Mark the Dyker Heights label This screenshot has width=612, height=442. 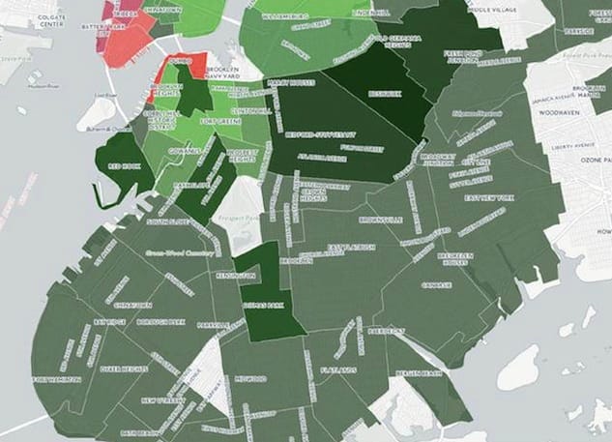pyautogui.click(x=122, y=368)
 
